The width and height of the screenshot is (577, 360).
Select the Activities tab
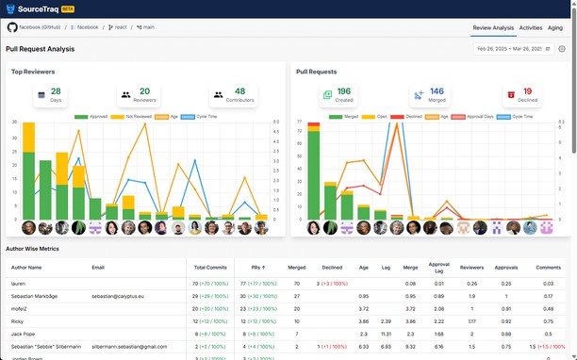(530, 27)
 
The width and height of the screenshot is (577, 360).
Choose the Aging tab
(555, 27)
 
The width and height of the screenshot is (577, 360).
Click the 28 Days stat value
(56, 91)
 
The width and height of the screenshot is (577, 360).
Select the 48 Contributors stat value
(239, 91)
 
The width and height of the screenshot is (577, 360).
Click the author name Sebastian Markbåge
(37, 295)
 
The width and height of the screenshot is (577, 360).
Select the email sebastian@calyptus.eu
(124, 295)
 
